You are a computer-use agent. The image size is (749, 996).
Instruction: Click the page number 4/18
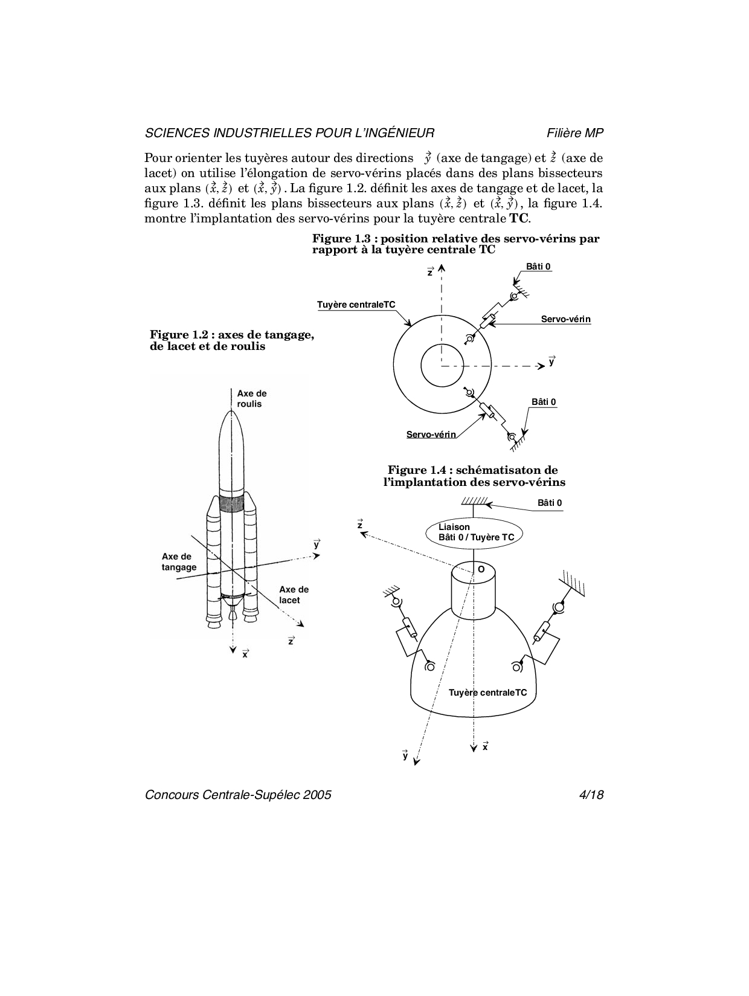pyautogui.click(x=591, y=795)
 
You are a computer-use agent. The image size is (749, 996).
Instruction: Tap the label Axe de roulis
pyautogui.click(x=251, y=399)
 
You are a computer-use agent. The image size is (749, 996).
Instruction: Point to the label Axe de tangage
pyautogui.click(x=179, y=562)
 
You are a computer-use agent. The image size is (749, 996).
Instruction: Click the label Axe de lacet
pyautogui.click(x=294, y=595)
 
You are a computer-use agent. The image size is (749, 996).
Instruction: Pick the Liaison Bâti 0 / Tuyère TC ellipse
pyautogui.click(x=474, y=532)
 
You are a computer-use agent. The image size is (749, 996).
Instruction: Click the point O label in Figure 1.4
pyautogui.click(x=481, y=569)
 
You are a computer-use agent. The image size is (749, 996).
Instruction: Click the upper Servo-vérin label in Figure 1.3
pyautogui.click(x=565, y=319)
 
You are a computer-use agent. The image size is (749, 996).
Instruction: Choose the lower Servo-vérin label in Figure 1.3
pyautogui.click(x=431, y=435)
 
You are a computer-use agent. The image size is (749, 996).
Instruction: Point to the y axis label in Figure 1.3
pyautogui.click(x=551, y=362)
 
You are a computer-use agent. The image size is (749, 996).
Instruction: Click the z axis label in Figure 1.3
pyautogui.click(x=430, y=273)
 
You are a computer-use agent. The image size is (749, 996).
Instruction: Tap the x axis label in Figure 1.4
pyautogui.click(x=485, y=747)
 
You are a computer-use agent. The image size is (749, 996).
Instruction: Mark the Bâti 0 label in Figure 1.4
pyautogui.click(x=550, y=503)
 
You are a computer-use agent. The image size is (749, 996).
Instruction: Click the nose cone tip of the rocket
pyautogui.click(x=231, y=413)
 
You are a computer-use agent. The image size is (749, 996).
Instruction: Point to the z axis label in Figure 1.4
pyautogui.click(x=360, y=525)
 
